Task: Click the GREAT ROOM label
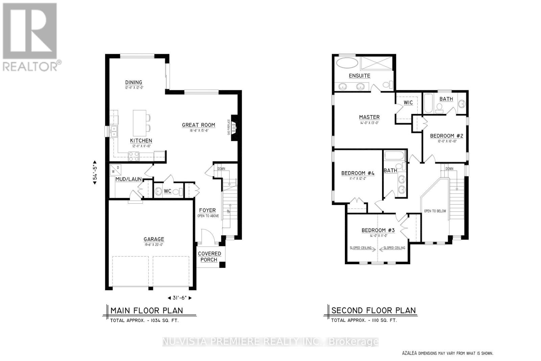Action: pos(198,125)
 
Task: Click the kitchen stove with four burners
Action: pos(134,156)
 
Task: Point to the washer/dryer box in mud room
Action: pos(115,171)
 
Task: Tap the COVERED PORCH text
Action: pos(209,257)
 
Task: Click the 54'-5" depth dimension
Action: pos(95,172)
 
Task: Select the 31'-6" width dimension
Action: pos(180,298)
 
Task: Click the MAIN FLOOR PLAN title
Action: pos(147,311)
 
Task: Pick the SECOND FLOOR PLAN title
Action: pos(373,311)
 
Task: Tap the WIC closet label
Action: pos(408,103)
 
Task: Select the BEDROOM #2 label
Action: pos(446,136)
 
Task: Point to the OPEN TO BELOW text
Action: pos(435,211)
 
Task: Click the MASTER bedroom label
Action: pos(369,117)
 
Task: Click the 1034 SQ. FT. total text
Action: pos(144,320)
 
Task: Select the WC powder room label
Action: pos(167,191)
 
